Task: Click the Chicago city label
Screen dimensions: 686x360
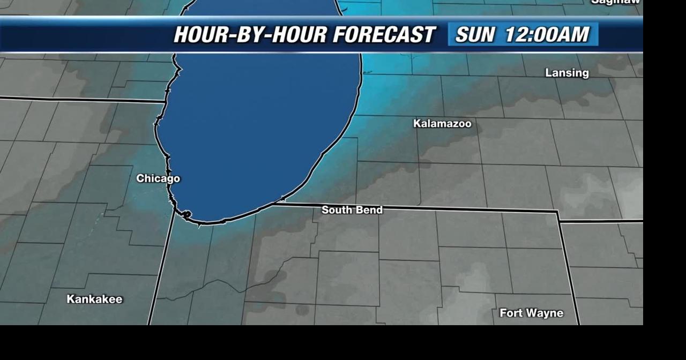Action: coord(158,178)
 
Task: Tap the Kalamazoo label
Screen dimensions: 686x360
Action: coord(442,124)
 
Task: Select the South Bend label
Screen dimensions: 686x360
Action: coord(352,210)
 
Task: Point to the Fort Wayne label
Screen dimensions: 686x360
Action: coord(531,313)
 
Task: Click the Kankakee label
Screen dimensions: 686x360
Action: coord(94,299)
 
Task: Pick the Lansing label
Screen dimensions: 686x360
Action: coord(566,73)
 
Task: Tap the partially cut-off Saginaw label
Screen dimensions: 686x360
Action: coord(616,2)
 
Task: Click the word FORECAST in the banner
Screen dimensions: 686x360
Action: coord(383,35)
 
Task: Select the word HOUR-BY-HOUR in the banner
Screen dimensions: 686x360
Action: coord(250,35)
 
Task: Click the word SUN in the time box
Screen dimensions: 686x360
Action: coord(475,35)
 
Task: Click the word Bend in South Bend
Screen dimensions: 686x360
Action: coord(370,210)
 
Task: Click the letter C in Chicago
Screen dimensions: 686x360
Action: coord(140,178)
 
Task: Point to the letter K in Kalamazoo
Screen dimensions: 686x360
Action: coord(417,124)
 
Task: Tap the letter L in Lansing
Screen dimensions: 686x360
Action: coord(548,73)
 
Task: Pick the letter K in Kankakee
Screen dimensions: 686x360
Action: coord(70,299)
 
